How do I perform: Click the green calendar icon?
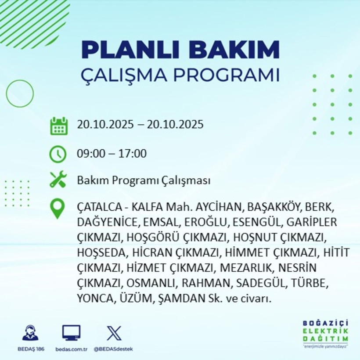58,126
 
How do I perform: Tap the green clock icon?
58,154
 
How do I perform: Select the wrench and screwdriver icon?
58,179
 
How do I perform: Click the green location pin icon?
58,209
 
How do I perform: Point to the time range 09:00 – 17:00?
112,154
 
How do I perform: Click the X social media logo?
114,333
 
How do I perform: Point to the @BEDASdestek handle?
113,349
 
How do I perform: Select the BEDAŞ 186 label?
30,349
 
